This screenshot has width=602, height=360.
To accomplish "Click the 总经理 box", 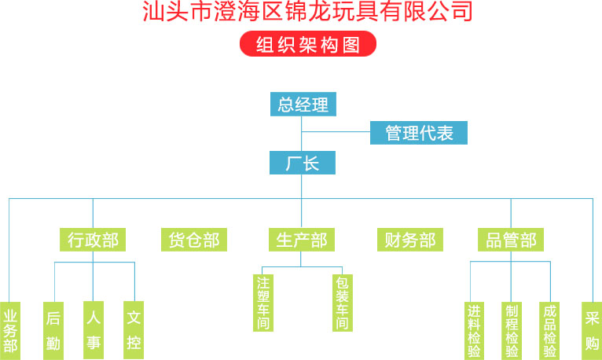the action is coord(303,104).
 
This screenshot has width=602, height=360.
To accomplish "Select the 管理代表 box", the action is coord(419,133).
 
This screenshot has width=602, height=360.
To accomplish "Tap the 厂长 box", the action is coord(303,163).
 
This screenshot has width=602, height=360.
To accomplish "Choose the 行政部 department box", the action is coord(93,240).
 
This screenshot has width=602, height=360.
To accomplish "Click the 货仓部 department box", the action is coord(194,240).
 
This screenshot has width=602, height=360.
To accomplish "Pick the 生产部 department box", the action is coord(302,240).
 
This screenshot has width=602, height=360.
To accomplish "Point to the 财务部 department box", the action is coord(410,240).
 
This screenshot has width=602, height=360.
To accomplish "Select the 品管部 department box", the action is coord(511,240).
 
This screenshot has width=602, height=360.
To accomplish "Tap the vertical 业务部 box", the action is coord(10,331).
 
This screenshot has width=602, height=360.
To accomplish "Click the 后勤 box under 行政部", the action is coord(53,331).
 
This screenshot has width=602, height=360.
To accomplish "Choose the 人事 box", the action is coord(94,330).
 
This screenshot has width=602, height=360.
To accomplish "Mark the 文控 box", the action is coord(134,330).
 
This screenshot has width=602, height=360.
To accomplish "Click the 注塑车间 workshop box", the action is coord(263,303).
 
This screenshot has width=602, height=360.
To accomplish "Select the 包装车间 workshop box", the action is coord(343,303).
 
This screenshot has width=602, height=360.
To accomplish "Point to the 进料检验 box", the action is coord(474,331).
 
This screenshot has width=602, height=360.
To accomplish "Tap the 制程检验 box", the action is coord(512,331).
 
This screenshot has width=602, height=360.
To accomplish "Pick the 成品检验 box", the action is coord(550,331).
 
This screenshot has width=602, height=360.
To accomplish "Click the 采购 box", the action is coord(592,331).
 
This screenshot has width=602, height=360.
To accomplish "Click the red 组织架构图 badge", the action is coord(308,44).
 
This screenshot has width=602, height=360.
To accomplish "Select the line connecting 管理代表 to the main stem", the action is coord(336,132).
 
